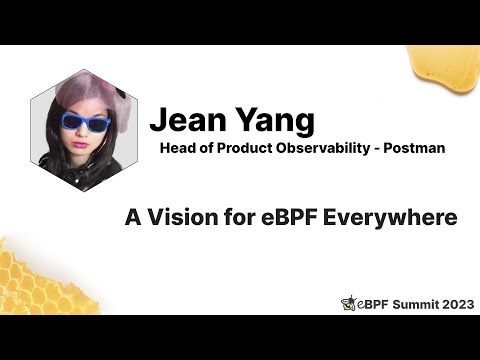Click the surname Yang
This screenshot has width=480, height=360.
click(271, 120)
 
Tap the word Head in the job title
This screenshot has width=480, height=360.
click(178, 148)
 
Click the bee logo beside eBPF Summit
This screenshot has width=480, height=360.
click(348, 303)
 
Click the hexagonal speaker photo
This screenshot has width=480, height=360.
click(85, 129)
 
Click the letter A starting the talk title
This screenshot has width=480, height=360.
click(133, 215)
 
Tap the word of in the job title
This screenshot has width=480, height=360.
click(208, 148)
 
